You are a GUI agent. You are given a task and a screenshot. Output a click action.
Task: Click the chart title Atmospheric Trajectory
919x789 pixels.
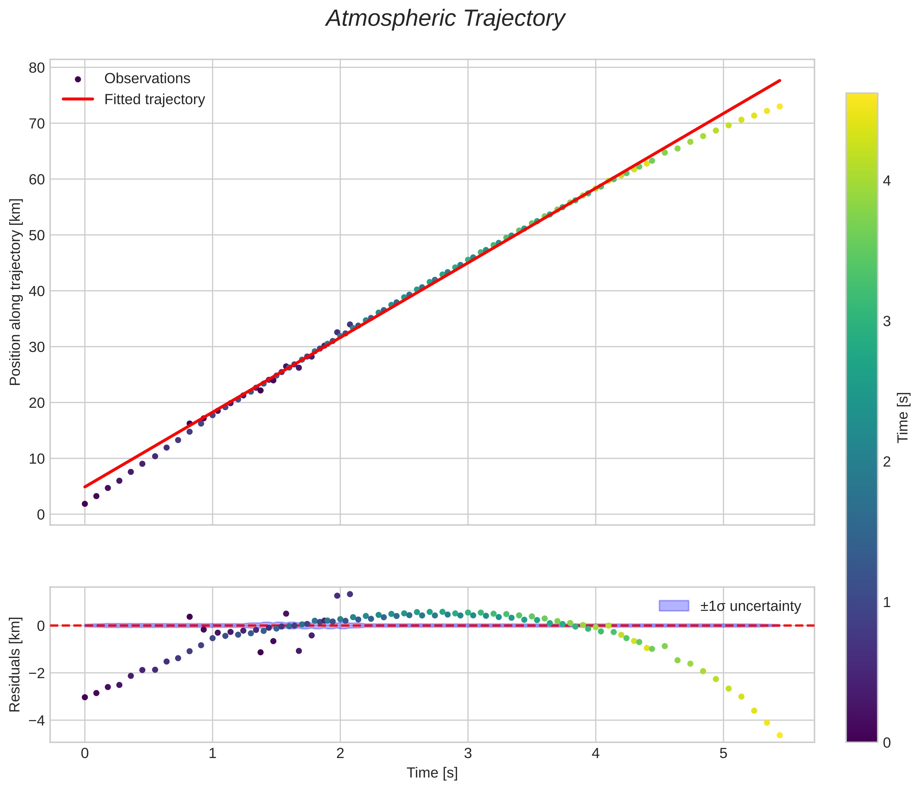(445, 19)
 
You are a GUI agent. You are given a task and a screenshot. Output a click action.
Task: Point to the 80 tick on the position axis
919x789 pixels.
(37, 68)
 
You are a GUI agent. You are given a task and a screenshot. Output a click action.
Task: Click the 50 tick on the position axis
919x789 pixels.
(37, 235)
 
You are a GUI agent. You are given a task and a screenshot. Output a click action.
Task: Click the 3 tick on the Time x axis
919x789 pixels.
(468, 754)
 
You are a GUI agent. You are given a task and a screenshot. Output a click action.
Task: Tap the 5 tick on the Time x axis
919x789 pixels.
(723, 754)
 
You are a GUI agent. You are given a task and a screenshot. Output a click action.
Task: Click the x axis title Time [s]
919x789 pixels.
(432, 772)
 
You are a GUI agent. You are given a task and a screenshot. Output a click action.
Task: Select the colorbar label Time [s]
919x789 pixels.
(903, 418)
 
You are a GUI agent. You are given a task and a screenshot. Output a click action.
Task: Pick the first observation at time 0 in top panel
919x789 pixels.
(85, 503)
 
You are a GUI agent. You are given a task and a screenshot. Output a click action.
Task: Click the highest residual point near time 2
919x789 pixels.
(350, 594)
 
